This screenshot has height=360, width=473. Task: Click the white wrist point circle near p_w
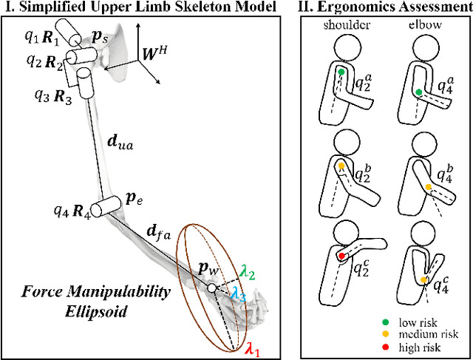coord(212,288)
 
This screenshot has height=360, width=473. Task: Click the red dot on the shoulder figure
coord(342,256)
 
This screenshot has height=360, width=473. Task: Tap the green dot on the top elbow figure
coord(419,92)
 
